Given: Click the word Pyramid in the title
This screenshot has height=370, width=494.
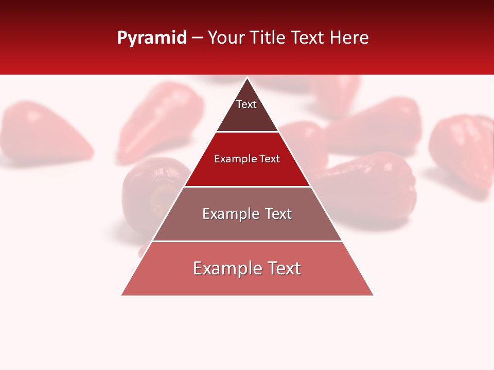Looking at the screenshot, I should (152, 38).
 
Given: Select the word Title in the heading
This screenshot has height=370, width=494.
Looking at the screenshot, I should (269, 38).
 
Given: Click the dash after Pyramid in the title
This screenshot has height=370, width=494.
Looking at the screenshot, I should (197, 39).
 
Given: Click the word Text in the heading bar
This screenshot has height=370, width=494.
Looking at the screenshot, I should (308, 38).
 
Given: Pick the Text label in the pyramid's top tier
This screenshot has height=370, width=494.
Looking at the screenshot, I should (246, 104).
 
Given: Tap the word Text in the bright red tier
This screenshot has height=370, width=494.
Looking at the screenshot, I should (270, 159).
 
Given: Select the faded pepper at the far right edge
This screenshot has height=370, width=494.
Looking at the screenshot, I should (463, 149).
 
